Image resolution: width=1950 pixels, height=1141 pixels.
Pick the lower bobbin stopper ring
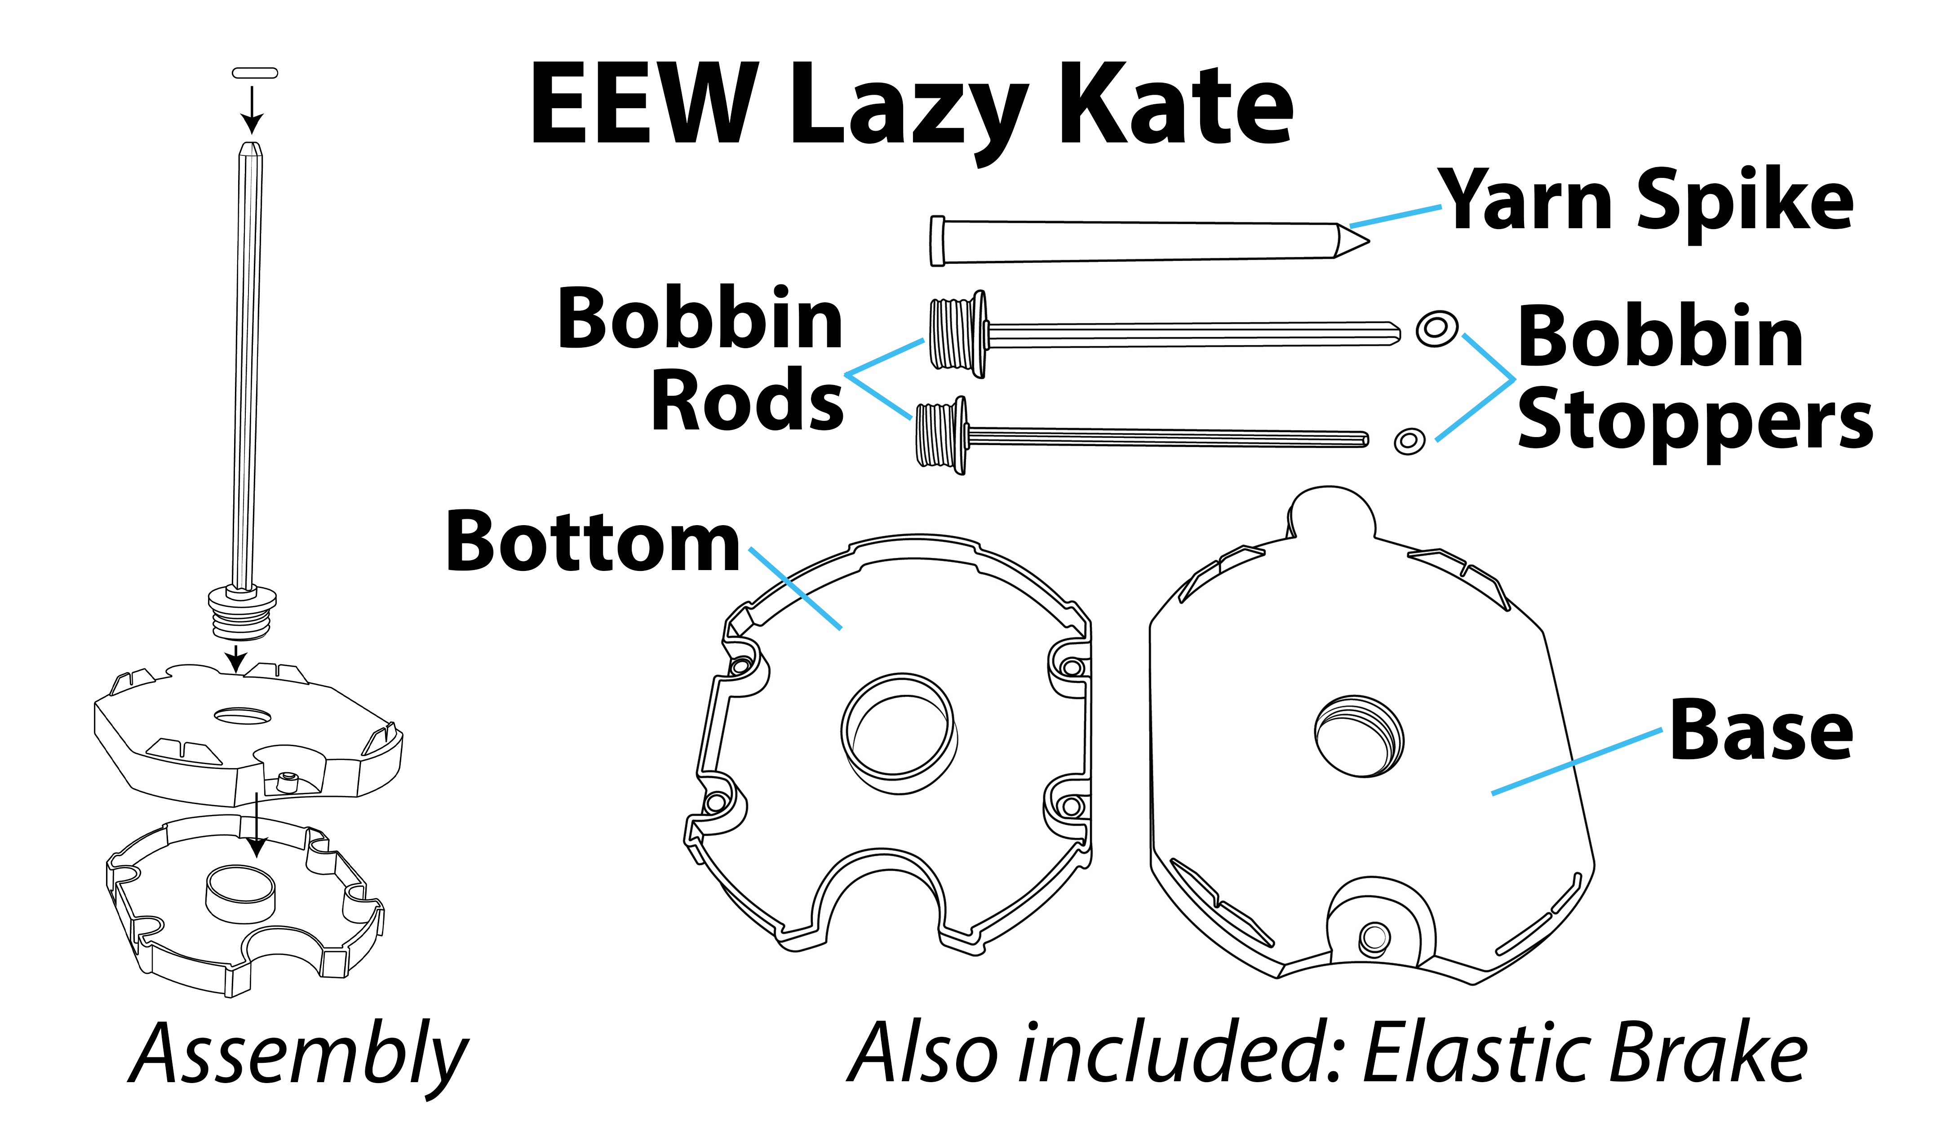(1409, 442)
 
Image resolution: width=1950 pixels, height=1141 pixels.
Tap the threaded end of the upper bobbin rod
(957, 334)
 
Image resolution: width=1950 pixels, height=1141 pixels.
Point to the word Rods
(747, 400)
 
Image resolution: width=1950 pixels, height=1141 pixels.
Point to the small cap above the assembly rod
(255, 73)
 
